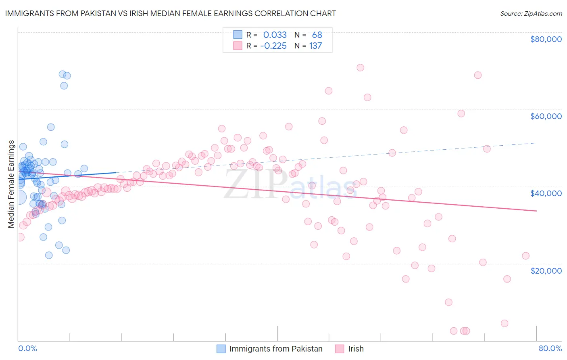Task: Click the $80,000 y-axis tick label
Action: [x=546, y=39]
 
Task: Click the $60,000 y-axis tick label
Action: [x=546, y=116]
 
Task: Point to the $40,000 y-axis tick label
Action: [x=546, y=193]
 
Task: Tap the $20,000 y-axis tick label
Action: [x=546, y=270]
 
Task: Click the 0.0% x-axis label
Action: [x=27, y=348]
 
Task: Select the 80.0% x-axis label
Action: [x=550, y=348]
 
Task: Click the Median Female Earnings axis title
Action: [x=11, y=184]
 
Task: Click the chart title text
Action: [x=170, y=13]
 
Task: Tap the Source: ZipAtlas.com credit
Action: [x=531, y=13]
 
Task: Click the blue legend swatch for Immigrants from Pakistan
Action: [x=221, y=349]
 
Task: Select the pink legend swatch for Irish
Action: [x=340, y=349]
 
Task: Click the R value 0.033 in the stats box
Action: [x=275, y=35]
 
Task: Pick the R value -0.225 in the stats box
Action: [x=273, y=46]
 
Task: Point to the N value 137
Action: [x=315, y=46]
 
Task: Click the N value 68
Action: [x=317, y=35]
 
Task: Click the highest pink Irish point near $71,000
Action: [x=360, y=67]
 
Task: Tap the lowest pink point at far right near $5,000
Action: [x=504, y=323]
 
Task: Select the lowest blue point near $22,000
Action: [x=49, y=255]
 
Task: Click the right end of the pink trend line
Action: [x=536, y=211]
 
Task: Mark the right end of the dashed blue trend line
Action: [x=535, y=143]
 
